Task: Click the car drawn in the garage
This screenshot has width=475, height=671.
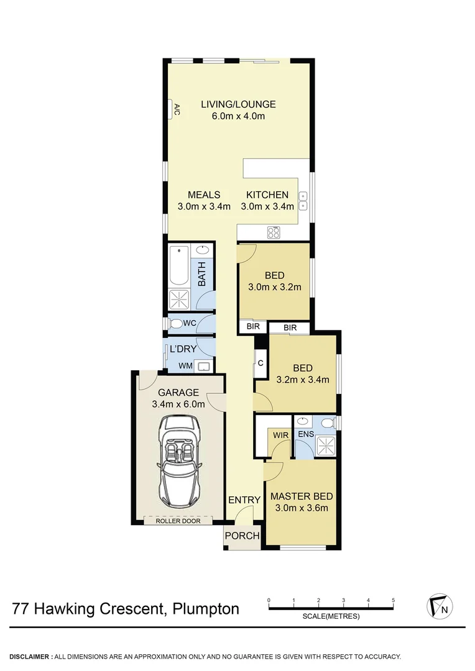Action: [179, 460]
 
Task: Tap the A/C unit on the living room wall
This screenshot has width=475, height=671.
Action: [176, 110]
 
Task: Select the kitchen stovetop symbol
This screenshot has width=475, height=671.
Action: [274, 232]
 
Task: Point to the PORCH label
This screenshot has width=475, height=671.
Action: [242, 536]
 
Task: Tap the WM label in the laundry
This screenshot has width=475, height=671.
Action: [185, 366]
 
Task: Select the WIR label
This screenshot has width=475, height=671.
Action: [281, 435]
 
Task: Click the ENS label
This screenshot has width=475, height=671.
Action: [306, 435]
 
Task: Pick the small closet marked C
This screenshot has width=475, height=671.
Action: [260, 363]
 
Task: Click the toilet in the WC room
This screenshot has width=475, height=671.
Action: [175, 323]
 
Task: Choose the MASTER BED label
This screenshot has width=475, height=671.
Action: [302, 496]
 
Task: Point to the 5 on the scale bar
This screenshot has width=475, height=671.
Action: [394, 600]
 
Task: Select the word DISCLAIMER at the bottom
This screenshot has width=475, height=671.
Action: [30, 656]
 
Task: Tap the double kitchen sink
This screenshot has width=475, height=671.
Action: [303, 199]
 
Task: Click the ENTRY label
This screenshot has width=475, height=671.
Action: [244, 500]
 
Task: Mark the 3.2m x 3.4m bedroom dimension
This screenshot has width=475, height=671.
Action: [302, 380]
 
